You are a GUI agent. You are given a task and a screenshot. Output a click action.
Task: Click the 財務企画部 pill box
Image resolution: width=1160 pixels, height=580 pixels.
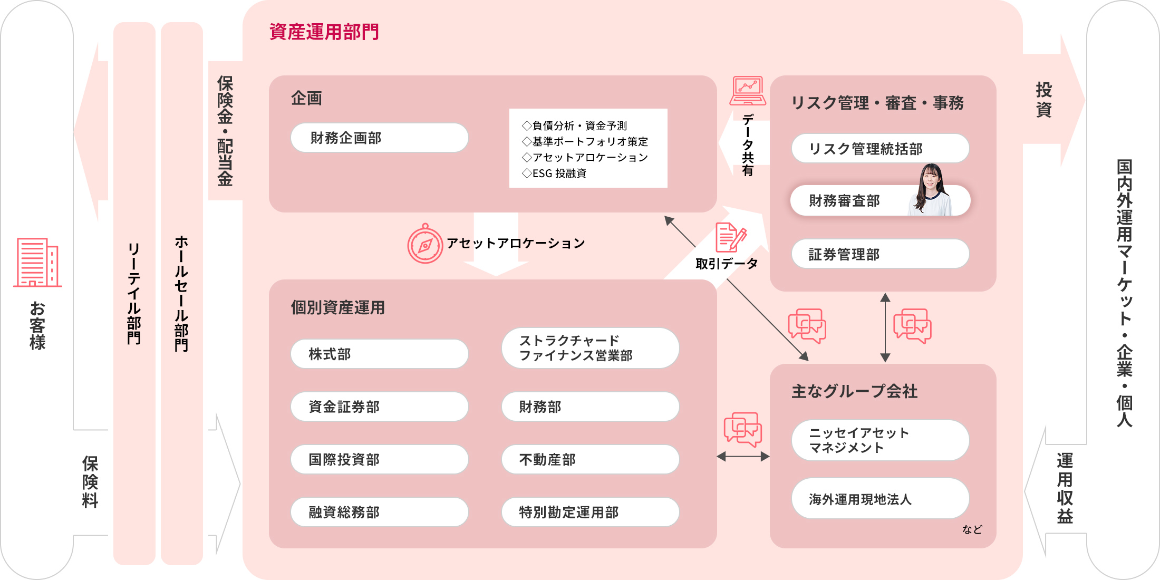click(379, 138)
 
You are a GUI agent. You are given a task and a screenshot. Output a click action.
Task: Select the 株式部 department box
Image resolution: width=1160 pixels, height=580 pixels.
click(379, 354)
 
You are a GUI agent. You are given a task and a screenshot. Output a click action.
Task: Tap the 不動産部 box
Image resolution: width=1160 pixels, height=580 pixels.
click(590, 459)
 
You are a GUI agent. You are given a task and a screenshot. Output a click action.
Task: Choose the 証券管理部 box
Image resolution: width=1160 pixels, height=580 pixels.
click(880, 254)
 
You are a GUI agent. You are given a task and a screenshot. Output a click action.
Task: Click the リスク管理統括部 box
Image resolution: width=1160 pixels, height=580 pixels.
click(880, 149)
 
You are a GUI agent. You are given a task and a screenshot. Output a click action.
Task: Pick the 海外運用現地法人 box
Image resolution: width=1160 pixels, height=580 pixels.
click(880, 499)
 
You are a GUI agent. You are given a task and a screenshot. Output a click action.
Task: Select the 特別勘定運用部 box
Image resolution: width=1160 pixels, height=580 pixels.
click(590, 512)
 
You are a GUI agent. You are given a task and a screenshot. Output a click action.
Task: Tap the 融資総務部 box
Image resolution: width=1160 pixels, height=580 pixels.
click(379, 512)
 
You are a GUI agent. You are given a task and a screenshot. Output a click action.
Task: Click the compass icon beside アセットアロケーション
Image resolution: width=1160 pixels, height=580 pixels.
click(425, 244)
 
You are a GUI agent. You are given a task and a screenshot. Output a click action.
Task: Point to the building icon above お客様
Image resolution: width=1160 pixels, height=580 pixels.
click(37, 262)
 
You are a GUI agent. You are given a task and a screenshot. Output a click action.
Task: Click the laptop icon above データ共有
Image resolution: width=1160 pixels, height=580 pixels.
click(748, 91)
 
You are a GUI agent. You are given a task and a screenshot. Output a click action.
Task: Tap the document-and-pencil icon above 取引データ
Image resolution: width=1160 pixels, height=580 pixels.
click(730, 237)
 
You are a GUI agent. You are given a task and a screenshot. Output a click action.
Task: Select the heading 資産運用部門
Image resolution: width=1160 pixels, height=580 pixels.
click(324, 32)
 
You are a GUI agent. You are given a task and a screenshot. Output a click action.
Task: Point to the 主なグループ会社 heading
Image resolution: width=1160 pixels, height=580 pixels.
click(854, 391)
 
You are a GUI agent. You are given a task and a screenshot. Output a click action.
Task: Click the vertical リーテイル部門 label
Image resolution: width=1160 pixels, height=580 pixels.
click(134, 293)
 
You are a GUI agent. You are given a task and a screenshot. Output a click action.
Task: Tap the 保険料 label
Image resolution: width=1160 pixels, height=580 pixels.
click(90, 481)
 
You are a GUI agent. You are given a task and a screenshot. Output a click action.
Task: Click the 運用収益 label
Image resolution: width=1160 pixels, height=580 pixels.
click(1065, 488)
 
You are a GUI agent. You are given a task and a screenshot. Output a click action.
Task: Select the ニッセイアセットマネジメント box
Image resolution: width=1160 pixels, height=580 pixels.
click(880, 440)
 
